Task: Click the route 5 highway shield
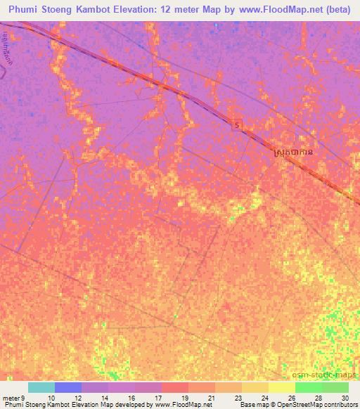pyautogui.click(x=238, y=124)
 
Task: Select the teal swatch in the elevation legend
pyautogui.click(x=41, y=387)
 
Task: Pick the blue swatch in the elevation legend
pyautogui.click(x=67, y=387)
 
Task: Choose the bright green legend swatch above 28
pyautogui.click(x=308, y=387)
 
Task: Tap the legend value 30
pyautogui.click(x=344, y=397)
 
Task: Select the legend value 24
pyautogui.click(x=264, y=397)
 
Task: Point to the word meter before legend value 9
pyautogui.click(x=12, y=397)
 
